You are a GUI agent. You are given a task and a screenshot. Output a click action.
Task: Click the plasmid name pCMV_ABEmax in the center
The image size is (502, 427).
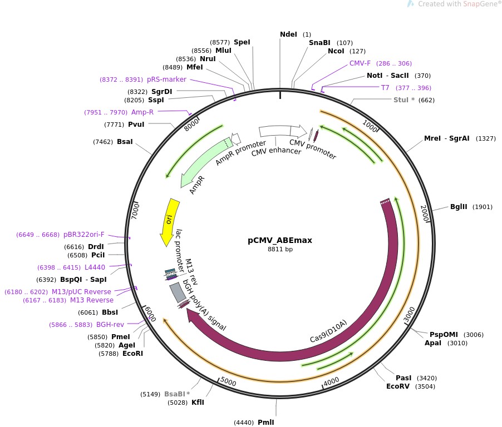[280, 240]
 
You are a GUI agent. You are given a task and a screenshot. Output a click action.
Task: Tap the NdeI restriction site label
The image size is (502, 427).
[288, 34]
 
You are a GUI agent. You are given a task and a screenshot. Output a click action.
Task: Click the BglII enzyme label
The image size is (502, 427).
[459, 207]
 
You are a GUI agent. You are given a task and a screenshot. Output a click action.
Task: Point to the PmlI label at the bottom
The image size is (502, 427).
[266, 422]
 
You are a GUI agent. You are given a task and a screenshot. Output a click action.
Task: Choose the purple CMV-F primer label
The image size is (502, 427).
[360, 63]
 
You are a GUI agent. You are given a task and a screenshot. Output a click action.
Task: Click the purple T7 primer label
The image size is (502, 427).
[385, 88]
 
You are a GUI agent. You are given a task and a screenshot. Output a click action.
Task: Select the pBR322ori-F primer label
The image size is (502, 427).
[84, 235]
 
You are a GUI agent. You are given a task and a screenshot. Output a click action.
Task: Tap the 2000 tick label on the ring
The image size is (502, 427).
[425, 213]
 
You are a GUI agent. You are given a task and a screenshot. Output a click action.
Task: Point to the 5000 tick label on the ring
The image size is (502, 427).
[228, 381]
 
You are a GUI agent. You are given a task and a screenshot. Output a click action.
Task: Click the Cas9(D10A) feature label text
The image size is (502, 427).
[328, 331]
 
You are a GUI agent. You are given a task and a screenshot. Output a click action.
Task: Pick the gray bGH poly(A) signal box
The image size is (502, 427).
[178, 292]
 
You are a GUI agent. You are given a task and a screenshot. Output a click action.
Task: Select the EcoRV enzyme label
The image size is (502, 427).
[397, 386]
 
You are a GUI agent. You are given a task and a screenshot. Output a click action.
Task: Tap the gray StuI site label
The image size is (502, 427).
[401, 100]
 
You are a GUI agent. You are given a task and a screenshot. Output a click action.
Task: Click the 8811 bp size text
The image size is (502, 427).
[280, 249]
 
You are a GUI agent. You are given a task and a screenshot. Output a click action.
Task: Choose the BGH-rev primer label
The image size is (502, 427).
[110, 325]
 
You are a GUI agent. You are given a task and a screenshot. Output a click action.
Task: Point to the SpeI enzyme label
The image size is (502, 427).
[242, 42]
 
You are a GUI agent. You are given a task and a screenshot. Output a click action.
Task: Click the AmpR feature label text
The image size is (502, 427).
[197, 185]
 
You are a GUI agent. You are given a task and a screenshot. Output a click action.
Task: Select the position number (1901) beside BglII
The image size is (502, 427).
[483, 207]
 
